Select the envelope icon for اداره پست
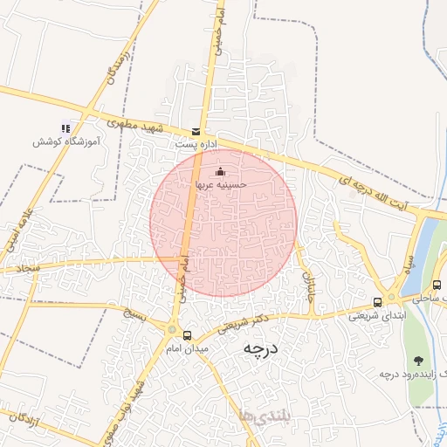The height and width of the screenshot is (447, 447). pos(194,132)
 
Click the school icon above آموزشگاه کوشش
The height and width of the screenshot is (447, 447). pos(65,127)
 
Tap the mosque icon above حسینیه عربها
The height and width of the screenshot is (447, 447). pos(219,172)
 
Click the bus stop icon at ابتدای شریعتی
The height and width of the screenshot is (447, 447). pos(377,303)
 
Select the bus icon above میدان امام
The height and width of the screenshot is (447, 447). pos(187,335)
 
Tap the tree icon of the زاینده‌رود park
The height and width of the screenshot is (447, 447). pos(419,360)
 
